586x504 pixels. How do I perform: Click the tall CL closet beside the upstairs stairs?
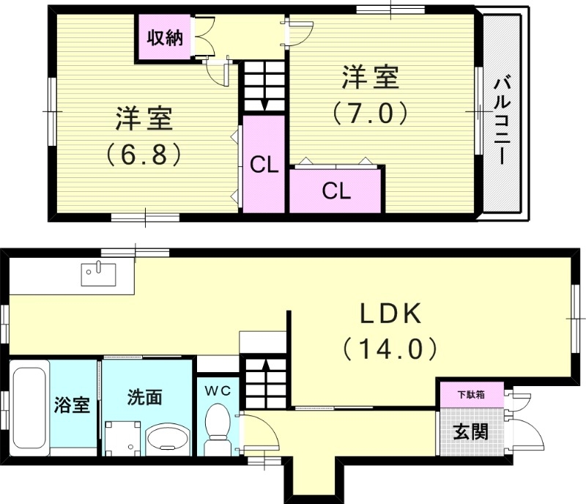click(x=264, y=165)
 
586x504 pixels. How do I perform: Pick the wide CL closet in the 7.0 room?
click(x=336, y=190)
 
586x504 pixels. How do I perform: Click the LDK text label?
click(x=390, y=314)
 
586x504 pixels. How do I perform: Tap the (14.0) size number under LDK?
click(x=390, y=347)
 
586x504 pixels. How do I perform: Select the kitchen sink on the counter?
click(x=96, y=274)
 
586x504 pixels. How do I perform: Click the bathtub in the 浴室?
click(x=30, y=409)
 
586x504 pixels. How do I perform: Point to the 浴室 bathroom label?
click(x=73, y=404)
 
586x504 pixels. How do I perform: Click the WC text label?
click(x=218, y=390)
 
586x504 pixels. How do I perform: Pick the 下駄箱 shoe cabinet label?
click(x=471, y=393)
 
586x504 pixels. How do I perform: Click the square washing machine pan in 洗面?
click(x=121, y=438)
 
